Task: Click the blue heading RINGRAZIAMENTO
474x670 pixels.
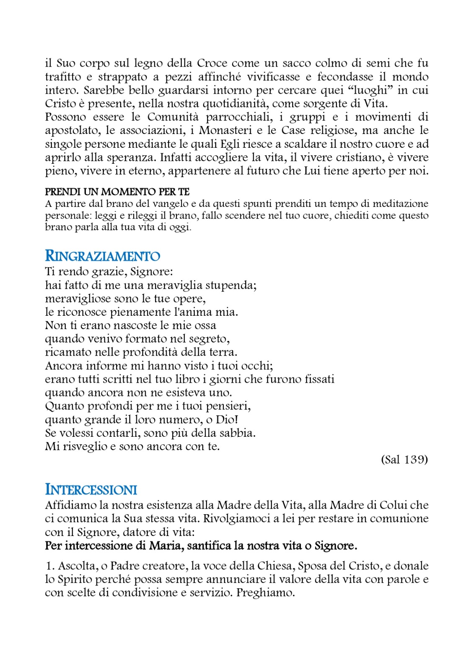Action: click(x=102, y=256)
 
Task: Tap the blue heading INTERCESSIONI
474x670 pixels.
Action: click(x=91, y=490)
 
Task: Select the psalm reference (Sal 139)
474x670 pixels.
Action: click(x=404, y=460)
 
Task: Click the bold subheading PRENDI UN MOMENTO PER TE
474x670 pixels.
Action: click(x=117, y=192)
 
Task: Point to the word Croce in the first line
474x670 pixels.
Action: click(x=212, y=63)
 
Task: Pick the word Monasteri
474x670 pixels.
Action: click(x=225, y=130)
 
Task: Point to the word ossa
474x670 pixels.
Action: click(x=205, y=325)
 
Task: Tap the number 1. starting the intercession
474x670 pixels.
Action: click(x=50, y=566)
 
